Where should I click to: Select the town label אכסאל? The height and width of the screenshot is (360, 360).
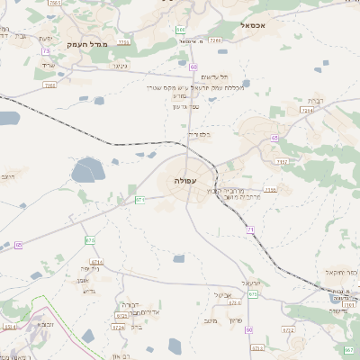(256, 26)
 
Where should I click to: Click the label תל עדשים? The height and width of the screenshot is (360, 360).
(214, 77)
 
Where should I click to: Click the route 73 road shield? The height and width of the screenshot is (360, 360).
(45, 51)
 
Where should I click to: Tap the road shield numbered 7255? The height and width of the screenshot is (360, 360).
(123, 41)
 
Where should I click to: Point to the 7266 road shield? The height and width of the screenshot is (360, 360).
(216, 40)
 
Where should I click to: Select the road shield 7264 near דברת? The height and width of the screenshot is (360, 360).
(307, 111)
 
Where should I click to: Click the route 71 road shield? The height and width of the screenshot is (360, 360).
(251, 230)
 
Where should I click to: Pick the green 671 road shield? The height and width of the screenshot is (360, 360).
(140, 199)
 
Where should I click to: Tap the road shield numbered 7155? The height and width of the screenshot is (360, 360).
(271, 190)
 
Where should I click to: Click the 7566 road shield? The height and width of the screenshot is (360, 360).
(49, 85)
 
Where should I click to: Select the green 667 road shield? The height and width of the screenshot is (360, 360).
(348, 348)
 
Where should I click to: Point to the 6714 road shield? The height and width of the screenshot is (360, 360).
(96, 262)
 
